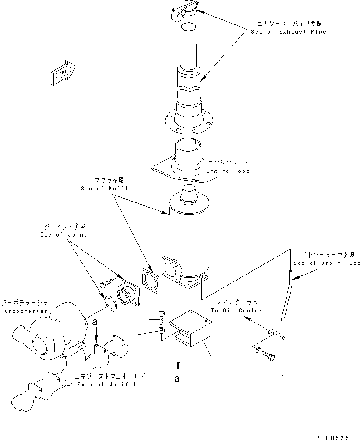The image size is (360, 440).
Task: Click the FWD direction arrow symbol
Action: (62, 73)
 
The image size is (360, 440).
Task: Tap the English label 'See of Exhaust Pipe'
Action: (288, 32)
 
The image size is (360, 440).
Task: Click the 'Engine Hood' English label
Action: (228, 171)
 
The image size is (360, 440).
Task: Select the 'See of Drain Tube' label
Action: (326, 263)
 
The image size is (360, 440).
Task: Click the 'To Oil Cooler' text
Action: (237, 311)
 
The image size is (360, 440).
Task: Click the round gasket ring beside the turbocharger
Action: (111, 303)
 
